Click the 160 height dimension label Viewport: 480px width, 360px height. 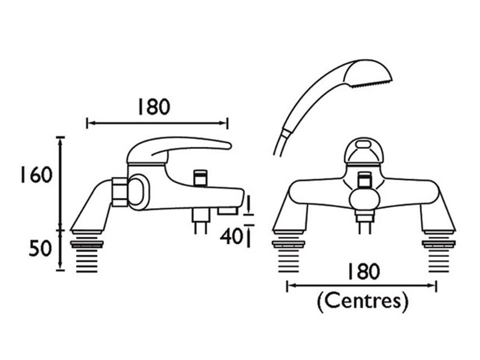click(x=36, y=175)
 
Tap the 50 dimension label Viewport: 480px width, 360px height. click(x=40, y=248)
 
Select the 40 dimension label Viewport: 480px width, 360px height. click(x=232, y=236)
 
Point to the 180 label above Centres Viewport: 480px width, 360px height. click(x=364, y=271)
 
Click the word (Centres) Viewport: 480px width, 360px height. click(x=363, y=301)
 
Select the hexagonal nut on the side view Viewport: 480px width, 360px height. click(x=120, y=191)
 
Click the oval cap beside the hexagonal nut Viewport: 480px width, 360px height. click(x=139, y=192)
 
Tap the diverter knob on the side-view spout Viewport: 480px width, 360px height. click(x=200, y=178)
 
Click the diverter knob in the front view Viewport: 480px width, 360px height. click(x=363, y=180)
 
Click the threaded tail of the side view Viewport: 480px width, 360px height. click(x=87, y=253)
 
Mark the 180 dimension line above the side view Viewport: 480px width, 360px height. click(x=158, y=123)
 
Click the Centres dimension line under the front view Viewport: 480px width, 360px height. click(x=361, y=286)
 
